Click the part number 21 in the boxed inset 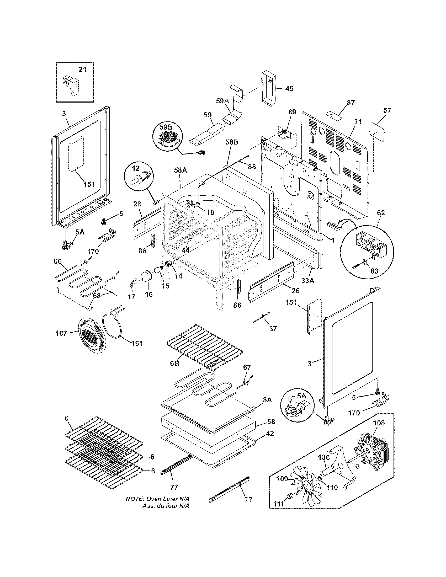point(82,70)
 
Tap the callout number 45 point(289,88)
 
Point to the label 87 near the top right point(351,103)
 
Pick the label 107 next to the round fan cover point(61,333)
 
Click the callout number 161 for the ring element point(137,344)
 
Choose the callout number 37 point(273,328)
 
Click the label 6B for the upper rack point(175,364)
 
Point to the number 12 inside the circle point(135,168)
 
